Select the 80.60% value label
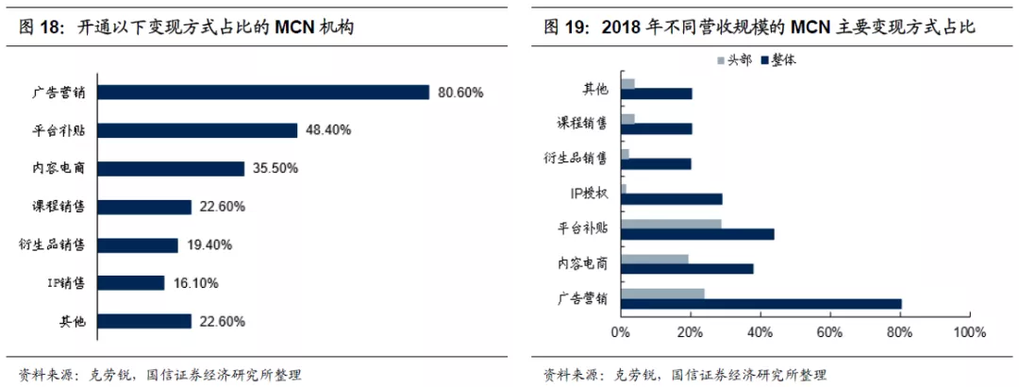460,93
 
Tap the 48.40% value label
328,130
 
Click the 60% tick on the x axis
829,332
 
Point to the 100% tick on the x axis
969,332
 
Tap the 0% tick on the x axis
621,332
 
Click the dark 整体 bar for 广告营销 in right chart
761,304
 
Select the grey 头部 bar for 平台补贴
671,224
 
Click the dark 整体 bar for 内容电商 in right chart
687,269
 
